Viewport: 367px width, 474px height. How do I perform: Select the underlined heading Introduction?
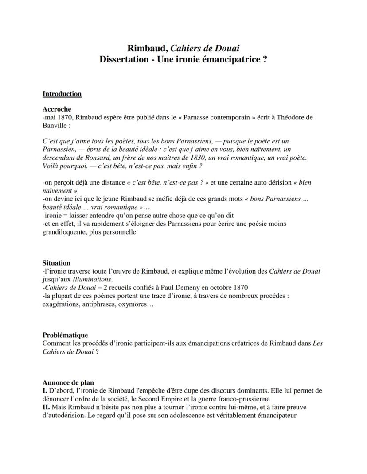tap(62, 94)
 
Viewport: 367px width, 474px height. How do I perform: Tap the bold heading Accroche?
tap(57, 109)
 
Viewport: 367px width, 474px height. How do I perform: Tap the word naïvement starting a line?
tap(57, 191)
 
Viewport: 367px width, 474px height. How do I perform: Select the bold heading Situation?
tap(56, 263)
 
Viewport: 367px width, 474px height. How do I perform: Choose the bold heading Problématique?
tap(65, 335)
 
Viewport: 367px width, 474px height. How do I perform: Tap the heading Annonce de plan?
tap(68, 382)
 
